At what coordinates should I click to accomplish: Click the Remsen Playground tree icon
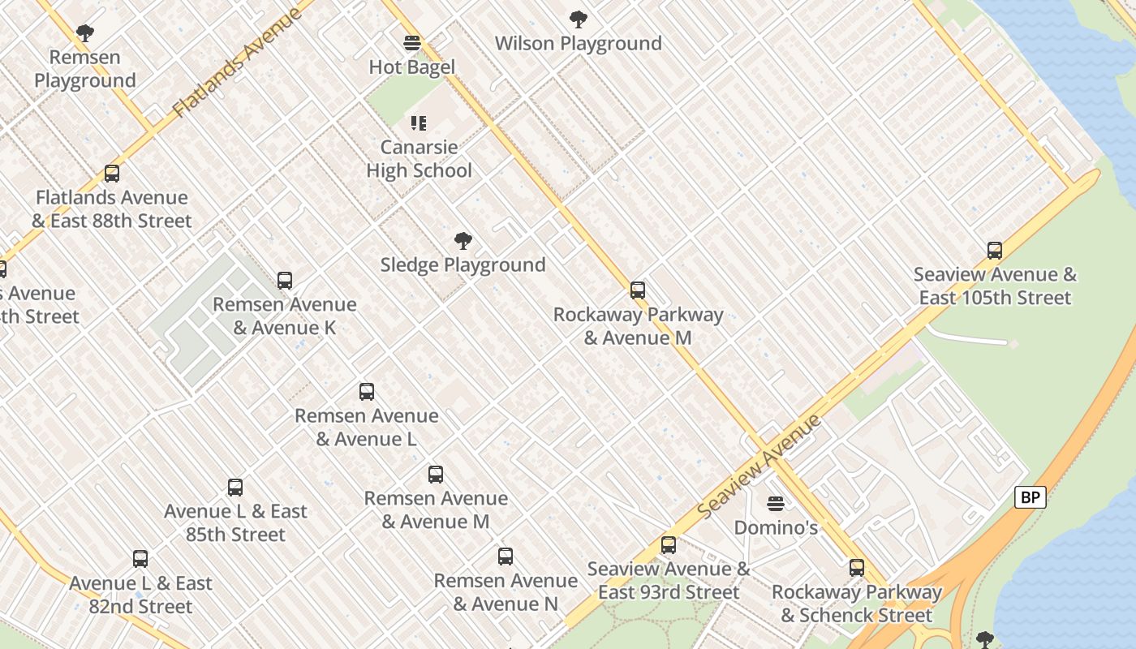tap(84, 33)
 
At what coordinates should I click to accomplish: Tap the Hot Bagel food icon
tap(412, 43)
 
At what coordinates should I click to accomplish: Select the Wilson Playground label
tap(578, 43)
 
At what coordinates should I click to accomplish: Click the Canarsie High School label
tap(419, 159)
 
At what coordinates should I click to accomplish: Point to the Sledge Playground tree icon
tap(463, 241)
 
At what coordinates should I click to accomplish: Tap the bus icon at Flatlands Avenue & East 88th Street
tap(112, 174)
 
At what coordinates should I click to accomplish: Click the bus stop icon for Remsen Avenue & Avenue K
tap(285, 281)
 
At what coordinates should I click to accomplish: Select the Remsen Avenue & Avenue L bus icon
tap(367, 392)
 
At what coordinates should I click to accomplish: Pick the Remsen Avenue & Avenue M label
tap(436, 509)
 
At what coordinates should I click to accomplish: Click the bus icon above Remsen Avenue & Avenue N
tap(506, 557)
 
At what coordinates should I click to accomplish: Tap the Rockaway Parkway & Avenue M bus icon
tap(638, 290)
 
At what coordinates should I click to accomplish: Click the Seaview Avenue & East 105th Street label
tap(995, 286)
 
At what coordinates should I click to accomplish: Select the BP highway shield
tap(1030, 497)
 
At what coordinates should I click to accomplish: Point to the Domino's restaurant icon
tap(776, 504)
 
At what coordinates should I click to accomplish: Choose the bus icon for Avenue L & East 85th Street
tap(235, 488)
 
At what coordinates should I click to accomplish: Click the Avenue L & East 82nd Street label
tap(140, 595)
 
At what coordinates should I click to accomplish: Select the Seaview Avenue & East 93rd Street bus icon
tap(669, 545)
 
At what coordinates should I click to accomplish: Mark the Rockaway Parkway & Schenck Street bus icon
tap(857, 568)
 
